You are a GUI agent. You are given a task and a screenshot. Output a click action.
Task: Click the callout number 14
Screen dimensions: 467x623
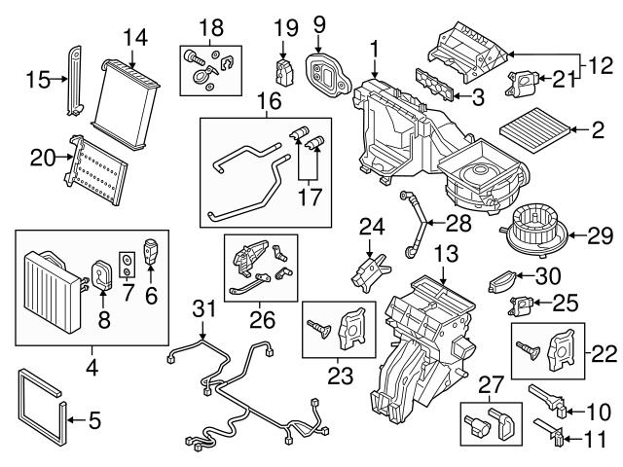[133, 39]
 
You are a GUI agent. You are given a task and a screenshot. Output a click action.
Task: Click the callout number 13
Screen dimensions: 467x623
[443, 254]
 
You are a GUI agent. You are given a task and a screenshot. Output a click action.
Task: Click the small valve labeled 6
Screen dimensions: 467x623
[150, 250]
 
